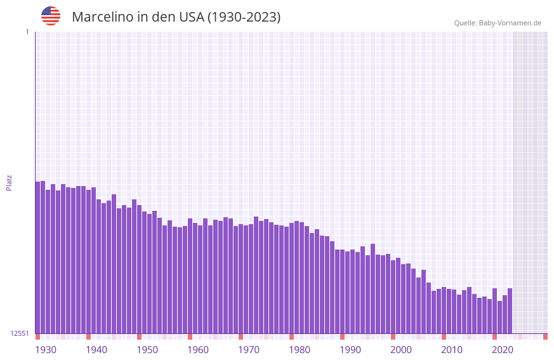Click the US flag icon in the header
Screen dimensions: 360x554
(x=51, y=16)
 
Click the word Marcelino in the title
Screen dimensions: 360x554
(x=102, y=17)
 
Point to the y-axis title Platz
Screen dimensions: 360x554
(x=9, y=183)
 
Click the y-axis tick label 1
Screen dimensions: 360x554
(x=27, y=32)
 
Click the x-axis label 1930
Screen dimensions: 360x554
(x=46, y=350)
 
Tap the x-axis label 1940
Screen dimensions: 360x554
(x=96, y=350)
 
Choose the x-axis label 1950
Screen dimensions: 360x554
(x=147, y=350)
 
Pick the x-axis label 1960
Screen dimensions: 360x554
(x=198, y=350)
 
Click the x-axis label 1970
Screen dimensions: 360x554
(x=249, y=350)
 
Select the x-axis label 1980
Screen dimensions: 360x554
(x=300, y=350)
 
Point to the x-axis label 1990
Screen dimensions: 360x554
(x=350, y=350)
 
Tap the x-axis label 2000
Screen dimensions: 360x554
(x=401, y=350)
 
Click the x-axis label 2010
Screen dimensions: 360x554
(x=452, y=350)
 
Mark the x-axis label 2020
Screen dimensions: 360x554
(x=503, y=350)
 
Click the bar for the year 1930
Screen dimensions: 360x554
(x=37, y=257)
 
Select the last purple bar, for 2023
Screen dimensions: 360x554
(x=510, y=310)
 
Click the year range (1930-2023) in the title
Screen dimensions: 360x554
(x=244, y=17)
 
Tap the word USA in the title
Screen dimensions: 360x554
(x=192, y=17)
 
